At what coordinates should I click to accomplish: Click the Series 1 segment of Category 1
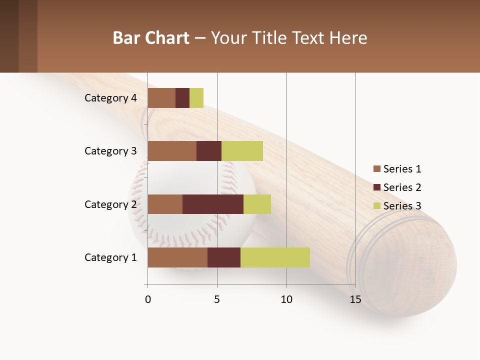177,257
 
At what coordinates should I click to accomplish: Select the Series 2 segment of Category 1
224,257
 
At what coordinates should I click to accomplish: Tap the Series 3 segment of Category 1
275,257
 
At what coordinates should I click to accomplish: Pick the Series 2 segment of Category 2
213,204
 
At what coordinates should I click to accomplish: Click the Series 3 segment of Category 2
257,204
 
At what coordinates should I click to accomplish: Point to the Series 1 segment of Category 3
172,151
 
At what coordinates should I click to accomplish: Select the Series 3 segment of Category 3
242,151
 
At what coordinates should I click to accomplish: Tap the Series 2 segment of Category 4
182,98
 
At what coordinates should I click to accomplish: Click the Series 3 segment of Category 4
196,98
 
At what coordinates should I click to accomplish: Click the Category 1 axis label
110,257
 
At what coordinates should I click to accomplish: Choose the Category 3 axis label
110,151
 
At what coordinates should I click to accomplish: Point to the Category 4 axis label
110,98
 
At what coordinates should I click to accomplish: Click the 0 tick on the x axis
148,299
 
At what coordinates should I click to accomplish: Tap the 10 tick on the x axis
286,299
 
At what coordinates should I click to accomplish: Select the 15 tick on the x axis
355,299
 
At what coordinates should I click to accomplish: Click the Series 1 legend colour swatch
376,169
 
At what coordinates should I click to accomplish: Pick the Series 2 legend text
402,187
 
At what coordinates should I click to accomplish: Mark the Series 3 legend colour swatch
376,206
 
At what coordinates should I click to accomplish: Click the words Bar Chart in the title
151,38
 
